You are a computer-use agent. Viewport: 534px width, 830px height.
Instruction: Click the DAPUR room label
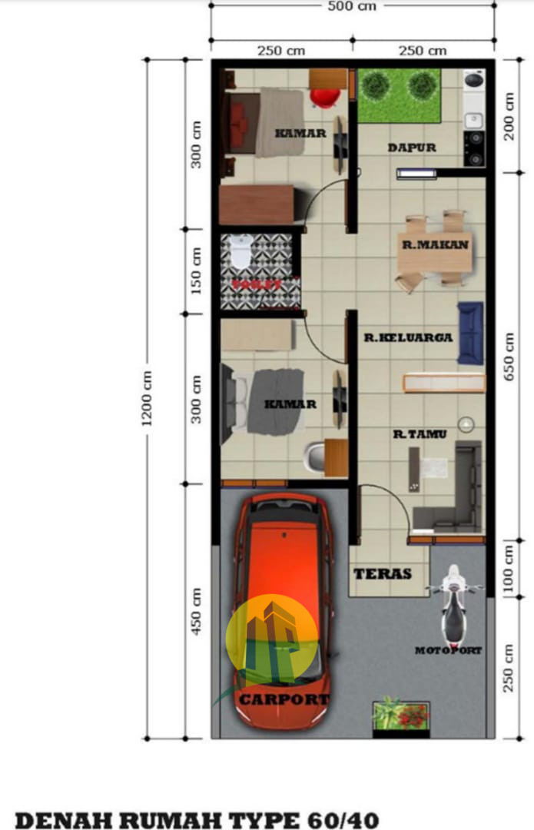(x=412, y=148)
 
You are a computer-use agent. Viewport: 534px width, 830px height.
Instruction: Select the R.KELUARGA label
(x=408, y=337)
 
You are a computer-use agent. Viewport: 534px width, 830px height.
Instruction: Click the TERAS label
(x=382, y=574)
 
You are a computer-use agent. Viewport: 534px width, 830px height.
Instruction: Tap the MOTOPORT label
(x=449, y=651)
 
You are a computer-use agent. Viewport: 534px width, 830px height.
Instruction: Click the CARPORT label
(x=284, y=699)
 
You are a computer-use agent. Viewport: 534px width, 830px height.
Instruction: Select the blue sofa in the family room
(x=470, y=333)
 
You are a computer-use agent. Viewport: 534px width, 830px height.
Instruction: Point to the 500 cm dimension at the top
(x=352, y=7)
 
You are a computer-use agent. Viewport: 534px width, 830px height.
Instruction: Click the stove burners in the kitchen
(x=475, y=148)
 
